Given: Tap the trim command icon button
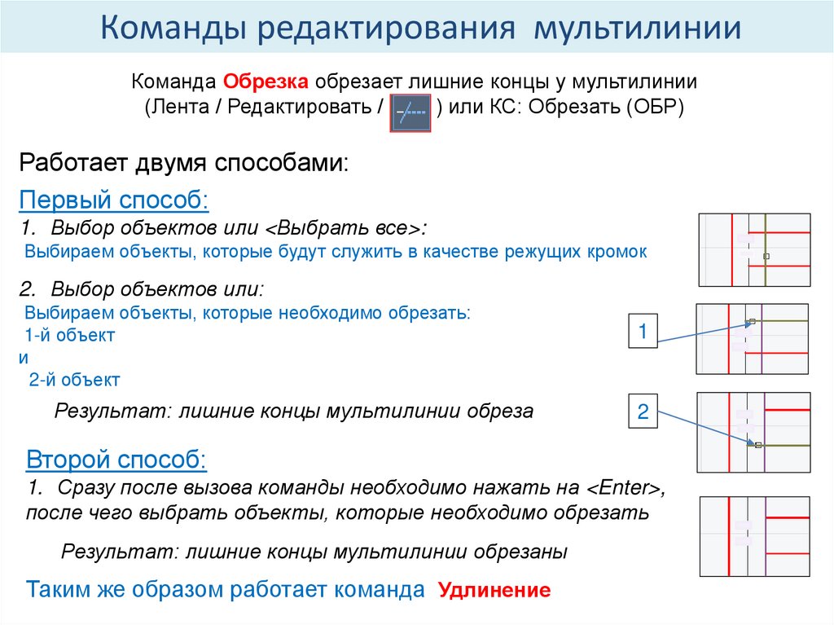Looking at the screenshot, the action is pyautogui.click(x=411, y=112).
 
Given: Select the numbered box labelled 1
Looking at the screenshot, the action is pyautogui.click(x=642, y=332).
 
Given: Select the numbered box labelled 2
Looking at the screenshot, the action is pyautogui.click(x=642, y=412).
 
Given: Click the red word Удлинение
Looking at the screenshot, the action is pyautogui.click(x=495, y=591).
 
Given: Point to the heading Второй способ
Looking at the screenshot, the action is pyautogui.click(x=116, y=460).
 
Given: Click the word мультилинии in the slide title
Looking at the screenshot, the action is pyautogui.click(x=637, y=29).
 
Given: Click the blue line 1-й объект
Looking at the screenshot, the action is pyautogui.click(x=70, y=335).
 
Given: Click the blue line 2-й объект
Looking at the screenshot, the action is pyautogui.click(x=74, y=379).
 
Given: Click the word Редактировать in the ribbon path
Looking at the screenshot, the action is pyautogui.click(x=301, y=108).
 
